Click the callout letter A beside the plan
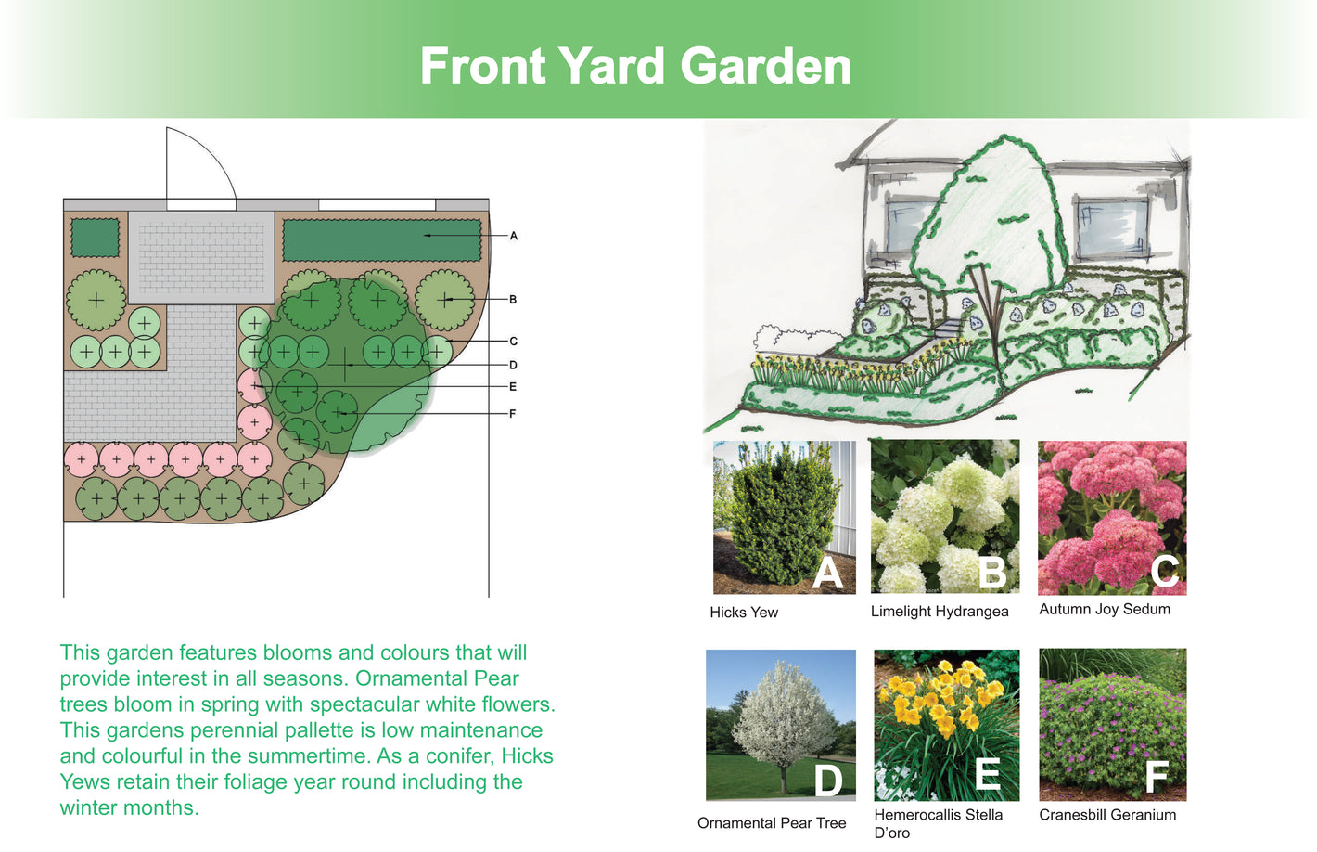(513, 236)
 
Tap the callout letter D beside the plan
(513, 366)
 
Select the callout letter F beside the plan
(512, 414)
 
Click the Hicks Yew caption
(744, 613)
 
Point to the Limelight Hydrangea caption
(940, 612)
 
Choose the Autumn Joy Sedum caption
(1105, 609)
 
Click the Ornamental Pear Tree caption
(772, 822)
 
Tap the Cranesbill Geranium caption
(1107, 814)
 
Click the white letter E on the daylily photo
(988, 773)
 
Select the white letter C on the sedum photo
(1165, 570)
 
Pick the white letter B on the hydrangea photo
(992, 572)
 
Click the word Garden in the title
(765, 66)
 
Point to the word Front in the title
(483, 66)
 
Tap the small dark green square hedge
(96, 237)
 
